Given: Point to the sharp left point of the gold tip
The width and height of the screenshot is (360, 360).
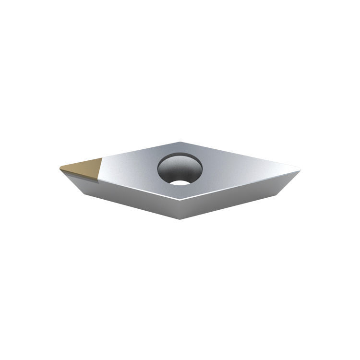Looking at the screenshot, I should pyautogui.click(x=60, y=168).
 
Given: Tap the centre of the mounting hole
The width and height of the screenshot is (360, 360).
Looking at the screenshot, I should pyautogui.click(x=180, y=169).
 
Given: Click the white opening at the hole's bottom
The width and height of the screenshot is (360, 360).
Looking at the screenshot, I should pyautogui.click(x=180, y=182).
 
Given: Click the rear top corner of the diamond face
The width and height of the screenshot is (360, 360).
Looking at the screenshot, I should pyautogui.click(x=180, y=143).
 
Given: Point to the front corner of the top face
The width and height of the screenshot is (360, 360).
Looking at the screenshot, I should pyautogui.click(x=181, y=199).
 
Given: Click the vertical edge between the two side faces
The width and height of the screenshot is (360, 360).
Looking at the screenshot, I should pyautogui.click(x=181, y=209).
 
